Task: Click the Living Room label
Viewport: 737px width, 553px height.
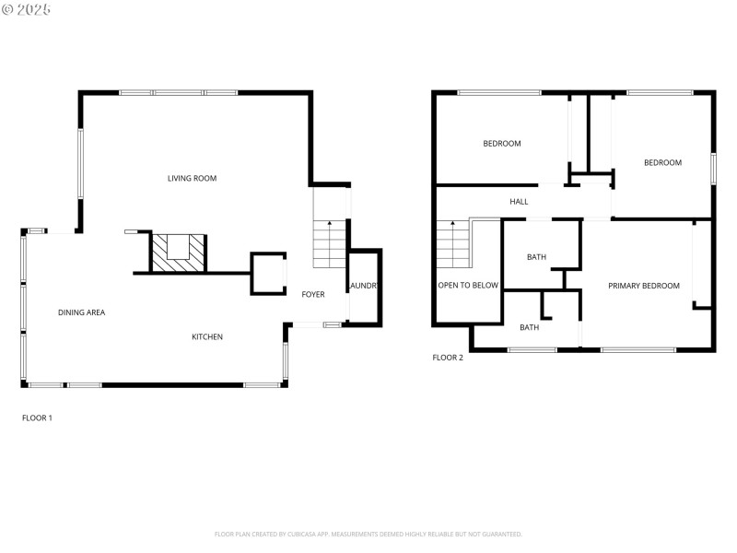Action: (x=192, y=178)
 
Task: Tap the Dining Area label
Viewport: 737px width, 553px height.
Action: (x=81, y=312)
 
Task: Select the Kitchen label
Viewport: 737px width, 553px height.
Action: (x=207, y=336)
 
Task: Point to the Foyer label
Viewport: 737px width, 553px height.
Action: (x=313, y=294)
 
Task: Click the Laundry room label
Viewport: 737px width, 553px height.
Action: (x=363, y=286)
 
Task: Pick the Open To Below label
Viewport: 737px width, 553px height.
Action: (x=468, y=286)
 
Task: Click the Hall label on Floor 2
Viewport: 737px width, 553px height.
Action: (x=519, y=201)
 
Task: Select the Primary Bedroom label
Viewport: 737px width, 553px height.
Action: (x=644, y=286)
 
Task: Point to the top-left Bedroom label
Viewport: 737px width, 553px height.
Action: (x=502, y=143)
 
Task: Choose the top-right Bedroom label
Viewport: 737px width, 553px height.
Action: (x=662, y=162)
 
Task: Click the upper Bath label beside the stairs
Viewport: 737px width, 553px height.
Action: (x=536, y=257)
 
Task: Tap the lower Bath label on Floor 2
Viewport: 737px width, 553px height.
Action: (x=529, y=327)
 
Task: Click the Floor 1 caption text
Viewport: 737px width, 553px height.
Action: (x=37, y=418)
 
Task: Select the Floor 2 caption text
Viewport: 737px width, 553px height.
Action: (x=448, y=357)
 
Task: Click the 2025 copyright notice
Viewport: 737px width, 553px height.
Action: (x=27, y=9)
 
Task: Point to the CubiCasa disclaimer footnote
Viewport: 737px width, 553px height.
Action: (x=368, y=534)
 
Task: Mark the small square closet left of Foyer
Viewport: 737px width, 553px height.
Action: (x=268, y=274)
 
